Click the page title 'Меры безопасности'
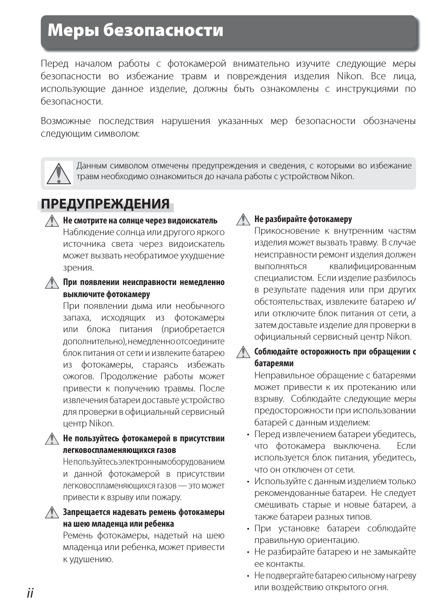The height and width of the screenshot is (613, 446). click(x=135, y=31)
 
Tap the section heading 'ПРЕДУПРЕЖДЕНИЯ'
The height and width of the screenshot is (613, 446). click(x=105, y=204)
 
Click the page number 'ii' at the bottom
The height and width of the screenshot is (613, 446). click(x=30, y=593)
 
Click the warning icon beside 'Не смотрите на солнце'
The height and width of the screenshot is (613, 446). click(x=52, y=220)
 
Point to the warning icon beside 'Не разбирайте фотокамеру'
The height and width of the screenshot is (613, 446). click(x=243, y=219)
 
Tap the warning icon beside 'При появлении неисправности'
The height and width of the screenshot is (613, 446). click(x=52, y=282)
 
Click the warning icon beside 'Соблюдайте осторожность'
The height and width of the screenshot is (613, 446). click(x=243, y=352)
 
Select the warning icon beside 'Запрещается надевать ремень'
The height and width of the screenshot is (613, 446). click(x=52, y=512)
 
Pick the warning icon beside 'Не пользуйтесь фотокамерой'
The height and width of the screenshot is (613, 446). click(x=52, y=439)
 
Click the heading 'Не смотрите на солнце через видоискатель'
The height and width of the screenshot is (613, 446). click(x=140, y=221)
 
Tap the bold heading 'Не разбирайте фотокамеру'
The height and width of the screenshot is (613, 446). click(x=303, y=219)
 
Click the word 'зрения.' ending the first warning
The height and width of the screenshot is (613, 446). click(x=78, y=268)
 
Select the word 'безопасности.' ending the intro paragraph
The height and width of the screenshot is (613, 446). click(x=72, y=101)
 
